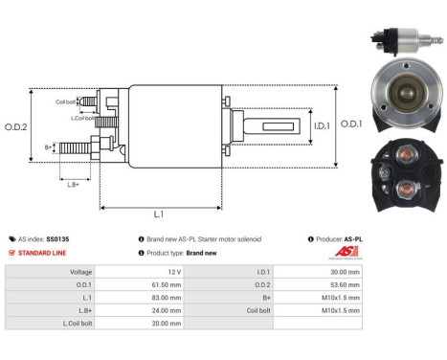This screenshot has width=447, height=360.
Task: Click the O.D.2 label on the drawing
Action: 16,125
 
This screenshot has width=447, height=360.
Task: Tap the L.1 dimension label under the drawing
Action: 159,214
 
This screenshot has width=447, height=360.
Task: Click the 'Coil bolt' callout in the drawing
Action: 65,101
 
